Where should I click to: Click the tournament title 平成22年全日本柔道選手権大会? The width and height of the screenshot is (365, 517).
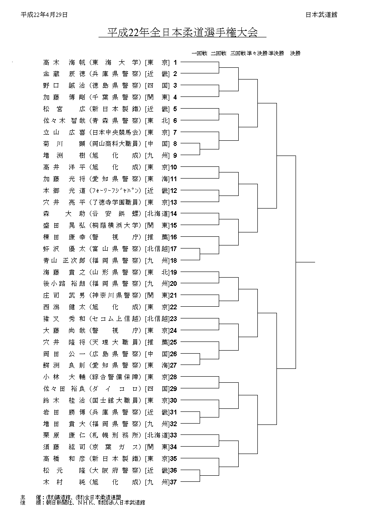coord(182,32)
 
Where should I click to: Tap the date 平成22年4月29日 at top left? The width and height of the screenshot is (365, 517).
coord(44,15)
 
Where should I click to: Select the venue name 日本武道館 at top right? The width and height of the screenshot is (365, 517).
coord(321,15)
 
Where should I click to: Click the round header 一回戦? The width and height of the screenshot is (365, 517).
coord(200,53)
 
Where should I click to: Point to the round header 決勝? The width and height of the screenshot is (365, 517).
coord(295,53)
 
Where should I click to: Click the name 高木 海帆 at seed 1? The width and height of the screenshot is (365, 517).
coord(64,62)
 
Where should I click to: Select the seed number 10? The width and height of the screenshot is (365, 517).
coord(174,167)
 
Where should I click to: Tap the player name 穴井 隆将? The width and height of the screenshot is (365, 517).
coord(64,342)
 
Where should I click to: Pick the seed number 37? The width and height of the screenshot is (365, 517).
coord(174,482)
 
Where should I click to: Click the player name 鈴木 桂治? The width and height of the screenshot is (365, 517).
coord(64,401)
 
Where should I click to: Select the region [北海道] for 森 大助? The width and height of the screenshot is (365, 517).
coord(158,214)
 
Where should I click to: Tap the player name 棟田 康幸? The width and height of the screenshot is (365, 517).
coord(64,237)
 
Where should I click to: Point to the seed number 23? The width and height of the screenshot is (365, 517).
coord(174,319)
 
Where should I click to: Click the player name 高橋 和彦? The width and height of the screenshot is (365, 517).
coord(64,459)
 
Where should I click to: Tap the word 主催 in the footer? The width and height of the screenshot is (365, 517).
coord(29,497)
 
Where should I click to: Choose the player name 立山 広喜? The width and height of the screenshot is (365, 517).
coord(64,132)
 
